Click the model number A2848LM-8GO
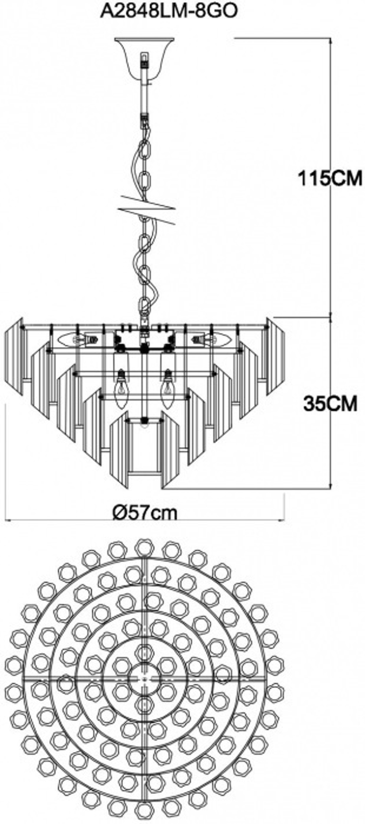tap(169, 12)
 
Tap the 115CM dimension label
tap(330, 179)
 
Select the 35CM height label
tap(330, 404)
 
